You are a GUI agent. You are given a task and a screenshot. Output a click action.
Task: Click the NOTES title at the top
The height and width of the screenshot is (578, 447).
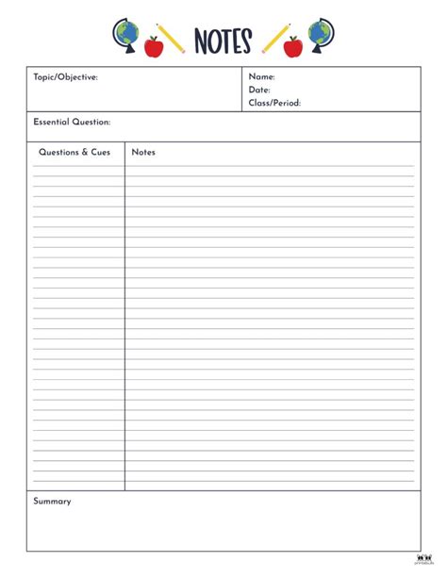(x=223, y=41)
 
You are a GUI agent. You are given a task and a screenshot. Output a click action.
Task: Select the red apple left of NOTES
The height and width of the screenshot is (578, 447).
(x=154, y=46)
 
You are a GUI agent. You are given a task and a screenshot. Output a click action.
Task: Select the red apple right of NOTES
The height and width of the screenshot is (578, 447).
(x=293, y=46)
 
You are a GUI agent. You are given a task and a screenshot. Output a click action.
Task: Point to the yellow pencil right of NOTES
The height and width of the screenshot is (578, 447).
(x=276, y=38)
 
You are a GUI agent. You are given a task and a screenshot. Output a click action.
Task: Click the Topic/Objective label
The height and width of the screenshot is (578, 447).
(x=65, y=77)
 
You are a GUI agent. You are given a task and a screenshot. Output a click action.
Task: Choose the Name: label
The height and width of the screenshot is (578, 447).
(x=261, y=77)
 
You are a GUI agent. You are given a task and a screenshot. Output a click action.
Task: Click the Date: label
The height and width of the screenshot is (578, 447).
(x=259, y=91)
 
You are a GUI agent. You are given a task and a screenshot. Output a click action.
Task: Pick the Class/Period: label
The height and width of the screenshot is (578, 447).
(x=274, y=104)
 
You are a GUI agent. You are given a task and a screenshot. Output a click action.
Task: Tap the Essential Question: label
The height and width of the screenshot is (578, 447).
(x=72, y=123)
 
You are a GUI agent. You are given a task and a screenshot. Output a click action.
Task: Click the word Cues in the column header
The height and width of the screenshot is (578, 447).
(x=101, y=152)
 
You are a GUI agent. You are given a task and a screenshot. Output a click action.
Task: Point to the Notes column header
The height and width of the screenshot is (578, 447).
(x=143, y=152)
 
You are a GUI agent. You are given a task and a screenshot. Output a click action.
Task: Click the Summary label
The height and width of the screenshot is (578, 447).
(x=52, y=502)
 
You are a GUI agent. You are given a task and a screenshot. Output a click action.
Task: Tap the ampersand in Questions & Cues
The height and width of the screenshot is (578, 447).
(x=86, y=152)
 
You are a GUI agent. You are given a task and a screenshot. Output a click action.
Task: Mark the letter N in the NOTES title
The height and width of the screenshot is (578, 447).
(x=202, y=41)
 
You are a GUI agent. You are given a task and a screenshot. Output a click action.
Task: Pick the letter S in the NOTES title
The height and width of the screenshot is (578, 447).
(x=245, y=41)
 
